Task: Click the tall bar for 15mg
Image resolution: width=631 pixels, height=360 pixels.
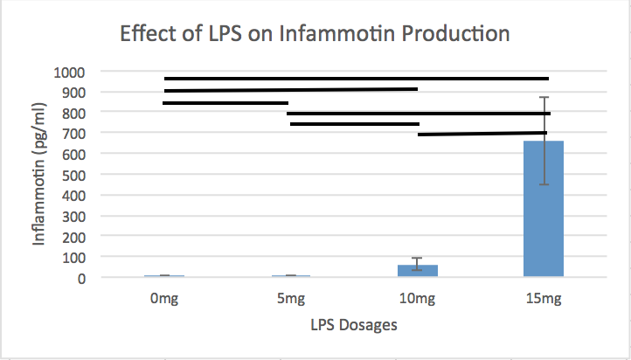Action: tap(543, 210)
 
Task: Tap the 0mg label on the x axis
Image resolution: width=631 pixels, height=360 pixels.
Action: tap(165, 300)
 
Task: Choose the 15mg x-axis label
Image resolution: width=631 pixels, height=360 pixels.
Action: tap(543, 300)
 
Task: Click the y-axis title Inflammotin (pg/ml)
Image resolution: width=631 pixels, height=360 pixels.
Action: tap(40, 175)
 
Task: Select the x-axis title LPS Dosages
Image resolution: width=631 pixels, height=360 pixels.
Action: tap(354, 326)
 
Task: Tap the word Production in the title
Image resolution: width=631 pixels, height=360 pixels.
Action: tap(449, 35)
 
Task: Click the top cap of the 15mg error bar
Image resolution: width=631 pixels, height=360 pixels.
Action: tap(544, 97)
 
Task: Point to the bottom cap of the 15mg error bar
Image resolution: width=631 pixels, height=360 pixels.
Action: tap(544, 184)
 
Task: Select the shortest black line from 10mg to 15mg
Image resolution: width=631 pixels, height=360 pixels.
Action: tap(482, 134)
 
